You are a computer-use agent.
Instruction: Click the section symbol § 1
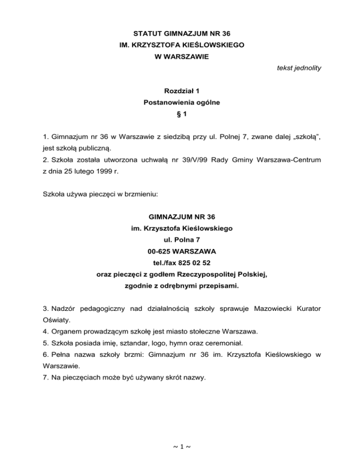180,113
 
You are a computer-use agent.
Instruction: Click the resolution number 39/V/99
172,160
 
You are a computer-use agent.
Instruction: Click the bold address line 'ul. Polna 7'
180,240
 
